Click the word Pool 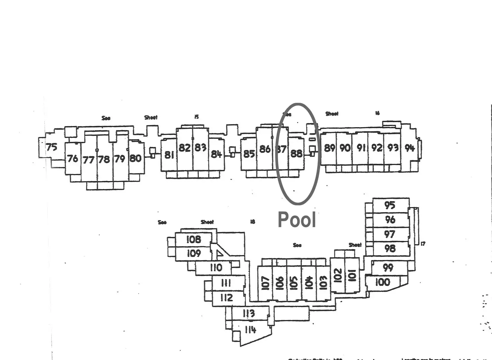coord(297,220)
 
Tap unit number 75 coord(51,147)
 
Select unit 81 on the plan coord(169,155)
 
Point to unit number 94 coord(409,148)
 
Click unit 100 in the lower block coord(383,282)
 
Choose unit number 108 coord(194,239)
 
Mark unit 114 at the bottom coord(250,330)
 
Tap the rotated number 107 coord(265,283)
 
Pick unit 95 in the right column coord(389,205)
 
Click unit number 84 coord(216,154)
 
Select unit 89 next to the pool coord(330,148)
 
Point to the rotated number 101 coord(352,275)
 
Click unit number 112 coord(226,297)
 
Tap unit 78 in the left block coord(104,159)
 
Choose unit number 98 coord(390,248)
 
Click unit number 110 coord(216,268)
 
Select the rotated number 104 coord(309,283)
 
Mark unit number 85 coord(249,154)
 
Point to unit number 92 coord(377,148)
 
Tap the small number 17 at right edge coord(423,244)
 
